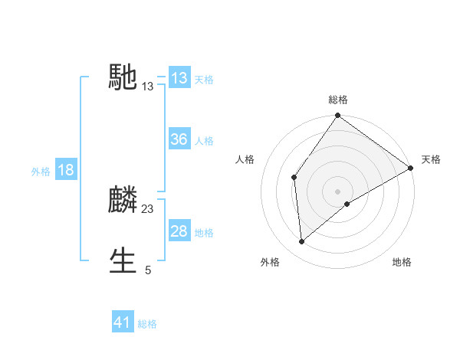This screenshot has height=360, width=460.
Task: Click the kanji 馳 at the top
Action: pos(123,77)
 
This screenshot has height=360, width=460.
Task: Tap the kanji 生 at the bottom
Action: pos(123,260)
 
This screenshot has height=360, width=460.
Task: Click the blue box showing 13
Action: pos(179,77)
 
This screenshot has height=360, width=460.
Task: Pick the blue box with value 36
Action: pos(179,139)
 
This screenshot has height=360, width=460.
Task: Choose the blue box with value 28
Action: pos(179,231)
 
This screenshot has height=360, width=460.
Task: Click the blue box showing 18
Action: pos(65,170)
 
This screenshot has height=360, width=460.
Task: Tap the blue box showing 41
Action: pos(123,322)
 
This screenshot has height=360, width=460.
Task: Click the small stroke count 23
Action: pos(148,208)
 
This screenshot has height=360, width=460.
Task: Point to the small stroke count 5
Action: pos(148,270)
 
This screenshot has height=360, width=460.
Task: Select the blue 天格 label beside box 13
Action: pos(203,79)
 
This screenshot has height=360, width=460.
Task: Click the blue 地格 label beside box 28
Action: pos(203,233)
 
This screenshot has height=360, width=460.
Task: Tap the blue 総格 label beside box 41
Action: pos(147,324)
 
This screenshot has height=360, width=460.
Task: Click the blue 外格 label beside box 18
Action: pos(41,172)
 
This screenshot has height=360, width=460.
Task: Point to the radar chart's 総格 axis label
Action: pos(338,100)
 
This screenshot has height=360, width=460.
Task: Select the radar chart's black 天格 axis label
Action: pos(431,159)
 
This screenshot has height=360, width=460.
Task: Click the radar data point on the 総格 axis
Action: pos(338,116)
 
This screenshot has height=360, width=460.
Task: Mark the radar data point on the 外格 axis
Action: pos(302,242)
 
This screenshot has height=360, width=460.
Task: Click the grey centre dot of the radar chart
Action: pos(338,191)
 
